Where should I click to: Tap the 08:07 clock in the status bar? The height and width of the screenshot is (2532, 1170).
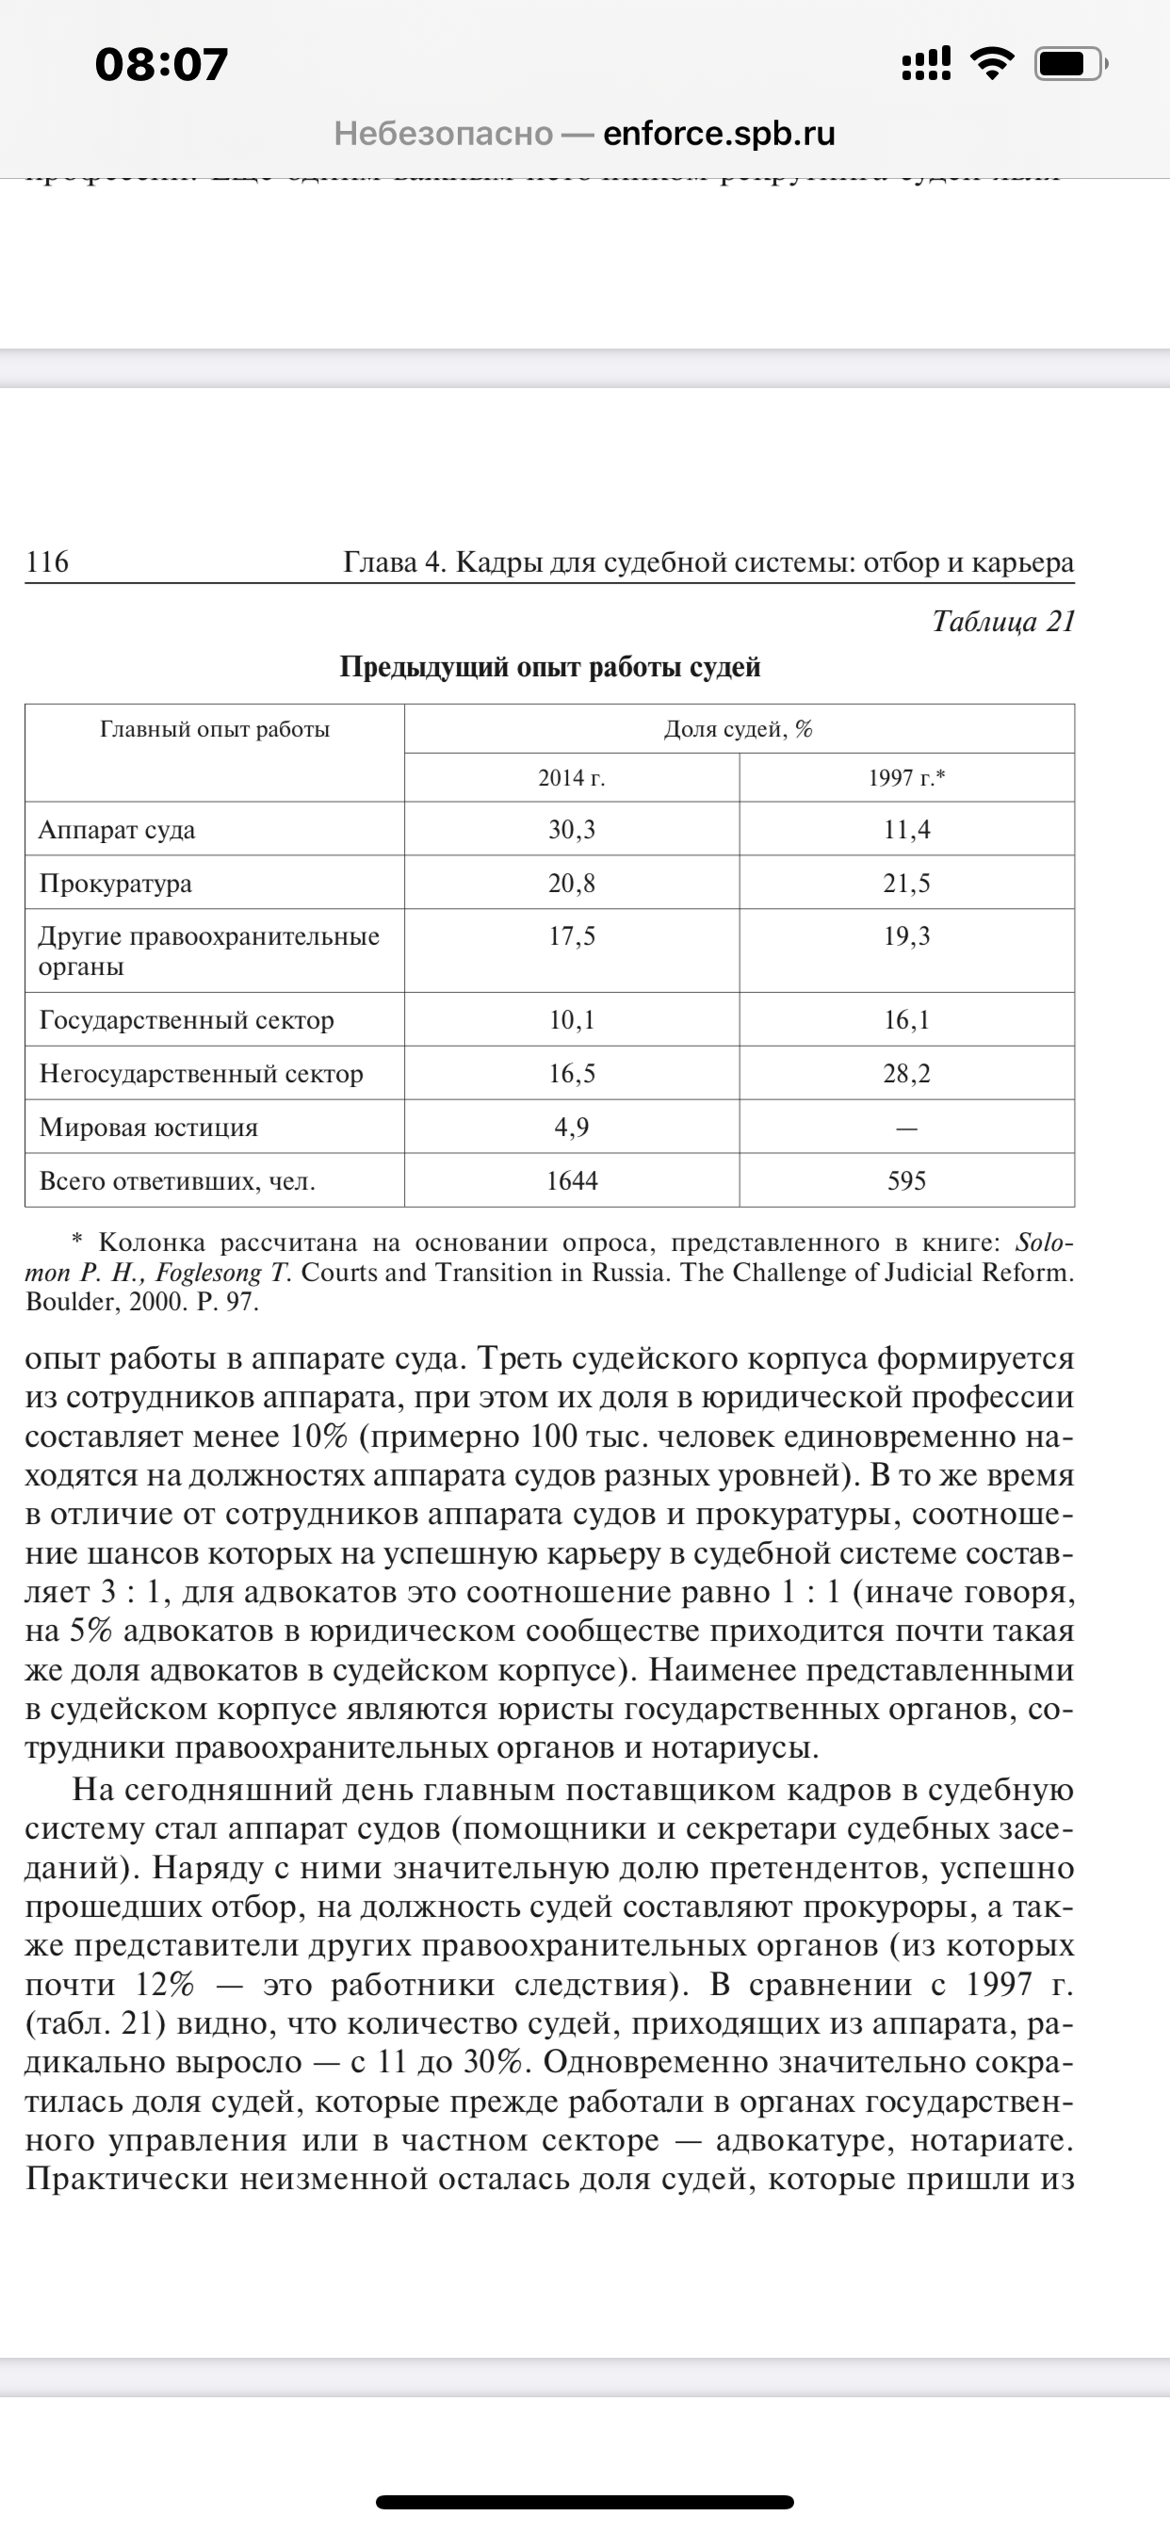[161, 65]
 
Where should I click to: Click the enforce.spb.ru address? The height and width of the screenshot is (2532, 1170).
[719, 133]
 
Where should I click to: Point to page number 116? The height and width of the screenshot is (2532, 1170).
[47, 562]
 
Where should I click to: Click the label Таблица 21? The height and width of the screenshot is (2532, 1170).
[1003, 621]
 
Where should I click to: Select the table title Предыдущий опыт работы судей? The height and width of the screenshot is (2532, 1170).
[550, 668]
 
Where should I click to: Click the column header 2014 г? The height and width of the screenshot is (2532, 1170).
[571, 778]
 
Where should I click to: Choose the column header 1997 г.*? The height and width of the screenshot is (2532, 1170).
[906, 778]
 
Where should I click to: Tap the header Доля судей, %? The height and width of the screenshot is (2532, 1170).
[739, 729]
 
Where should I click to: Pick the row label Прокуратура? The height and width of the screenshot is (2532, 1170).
[115, 883]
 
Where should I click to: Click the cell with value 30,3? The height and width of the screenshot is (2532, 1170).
[571, 830]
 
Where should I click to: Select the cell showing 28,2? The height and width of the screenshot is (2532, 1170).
[906, 1073]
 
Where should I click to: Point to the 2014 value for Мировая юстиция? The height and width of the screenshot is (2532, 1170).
[571, 1127]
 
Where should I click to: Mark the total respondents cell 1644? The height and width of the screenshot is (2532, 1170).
[571, 1180]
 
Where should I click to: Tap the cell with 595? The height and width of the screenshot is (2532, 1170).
[906, 1180]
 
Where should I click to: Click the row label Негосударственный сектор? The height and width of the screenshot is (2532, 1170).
[202, 1073]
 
